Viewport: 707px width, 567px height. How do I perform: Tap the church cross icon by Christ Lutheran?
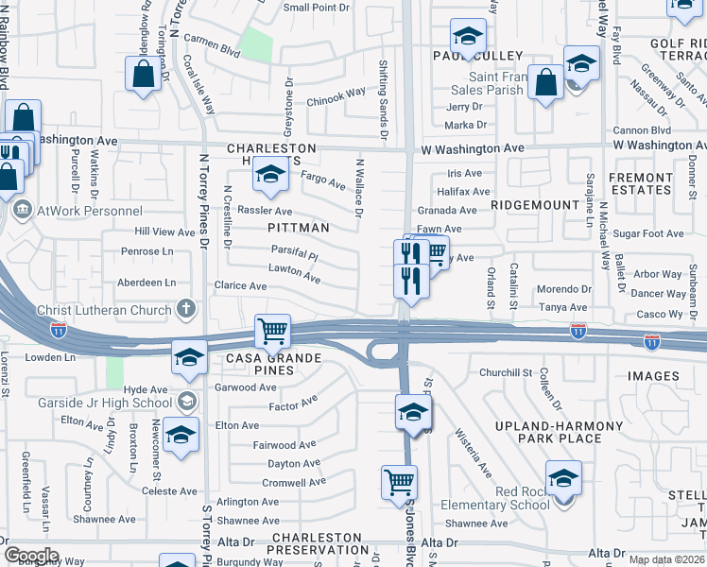(187, 309)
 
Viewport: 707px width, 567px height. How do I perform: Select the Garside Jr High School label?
(106, 404)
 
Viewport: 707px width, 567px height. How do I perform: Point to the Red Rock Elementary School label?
(494, 498)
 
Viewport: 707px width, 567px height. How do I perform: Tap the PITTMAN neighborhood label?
(298, 228)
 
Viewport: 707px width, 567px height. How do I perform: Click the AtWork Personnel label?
(89, 211)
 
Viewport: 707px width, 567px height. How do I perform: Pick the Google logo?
(31, 555)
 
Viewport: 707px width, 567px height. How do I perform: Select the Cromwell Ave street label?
(291, 482)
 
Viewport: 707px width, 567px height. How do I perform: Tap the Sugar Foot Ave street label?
(647, 233)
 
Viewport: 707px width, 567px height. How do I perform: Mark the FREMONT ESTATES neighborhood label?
(667, 183)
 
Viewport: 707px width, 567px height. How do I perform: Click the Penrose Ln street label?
(147, 252)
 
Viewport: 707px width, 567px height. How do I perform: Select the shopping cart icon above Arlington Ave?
(400, 481)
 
